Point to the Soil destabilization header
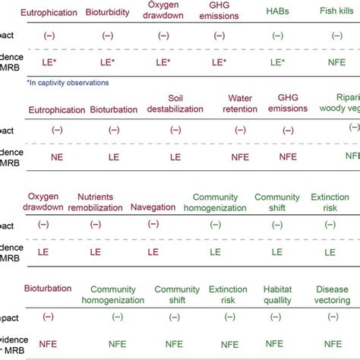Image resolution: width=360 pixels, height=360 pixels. coord(175,103)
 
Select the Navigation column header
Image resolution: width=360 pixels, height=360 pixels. coord(153,206)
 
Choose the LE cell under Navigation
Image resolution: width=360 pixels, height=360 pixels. coord(153,251)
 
